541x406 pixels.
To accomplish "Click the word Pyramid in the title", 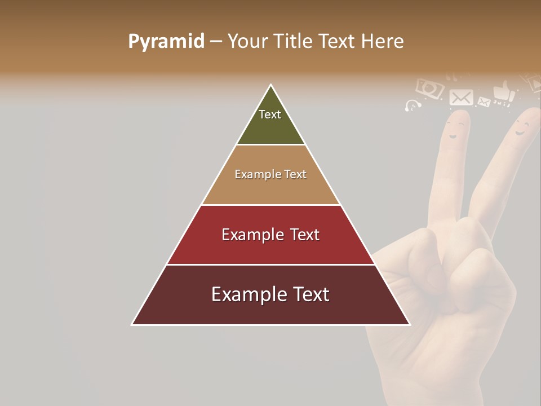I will pyautogui.click(x=166, y=42).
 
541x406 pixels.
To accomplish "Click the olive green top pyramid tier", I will pyautogui.click(x=270, y=127).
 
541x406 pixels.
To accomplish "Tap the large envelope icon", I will pyautogui.click(x=461, y=98).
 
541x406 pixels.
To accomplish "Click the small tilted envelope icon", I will pyautogui.click(x=484, y=102).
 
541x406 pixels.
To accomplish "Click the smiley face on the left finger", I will pyautogui.click(x=454, y=130).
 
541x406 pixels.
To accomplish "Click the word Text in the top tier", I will pyautogui.click(x=270, y=114).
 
